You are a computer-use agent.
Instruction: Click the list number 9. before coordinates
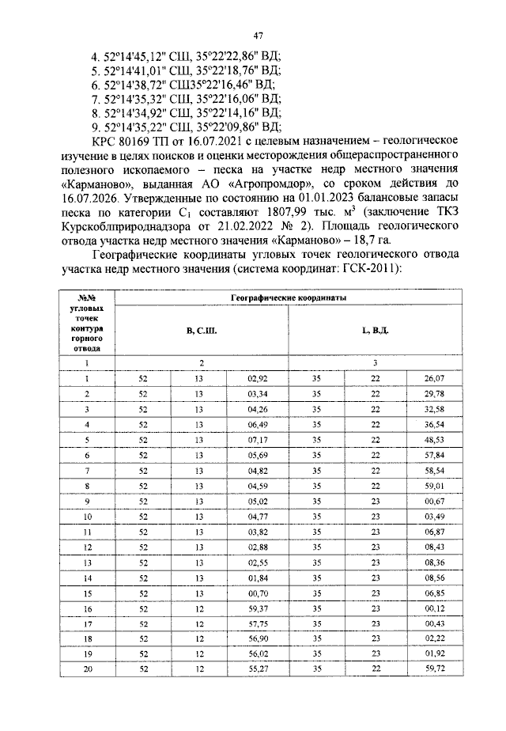(97, 126)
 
